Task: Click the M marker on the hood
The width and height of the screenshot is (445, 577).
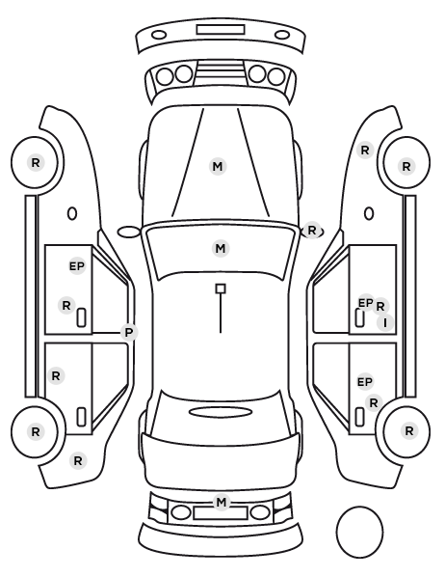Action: coord(218,167)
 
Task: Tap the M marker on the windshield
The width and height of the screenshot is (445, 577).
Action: coord(221,249)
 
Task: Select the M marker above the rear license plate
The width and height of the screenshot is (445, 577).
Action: coord(222,503)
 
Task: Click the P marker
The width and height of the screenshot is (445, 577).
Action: coord(129,333)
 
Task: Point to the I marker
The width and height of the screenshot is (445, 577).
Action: coord(385,323)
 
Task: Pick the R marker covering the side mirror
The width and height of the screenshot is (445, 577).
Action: coord(312,231)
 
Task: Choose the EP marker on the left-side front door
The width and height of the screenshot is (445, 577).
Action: coord(77,266)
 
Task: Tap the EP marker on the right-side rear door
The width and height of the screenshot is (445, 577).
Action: coord(365,382)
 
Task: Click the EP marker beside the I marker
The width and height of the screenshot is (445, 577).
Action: coord(366,303)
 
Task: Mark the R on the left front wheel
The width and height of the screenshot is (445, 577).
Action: coord(36,163)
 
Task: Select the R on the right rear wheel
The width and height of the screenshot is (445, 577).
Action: coord(409,431)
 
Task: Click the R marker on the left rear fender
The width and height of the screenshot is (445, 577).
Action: coord(77,460)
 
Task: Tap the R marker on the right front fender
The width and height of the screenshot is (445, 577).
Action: coord(365,151)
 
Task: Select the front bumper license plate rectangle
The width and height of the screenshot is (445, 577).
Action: coord(221,30)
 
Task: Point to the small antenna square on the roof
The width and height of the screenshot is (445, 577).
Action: coord(221,288)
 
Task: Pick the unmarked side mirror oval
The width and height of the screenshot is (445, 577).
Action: coord(129,233)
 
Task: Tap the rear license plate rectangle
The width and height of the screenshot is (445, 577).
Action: coord(221,513)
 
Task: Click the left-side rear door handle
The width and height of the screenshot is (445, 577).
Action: coord(81,417)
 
